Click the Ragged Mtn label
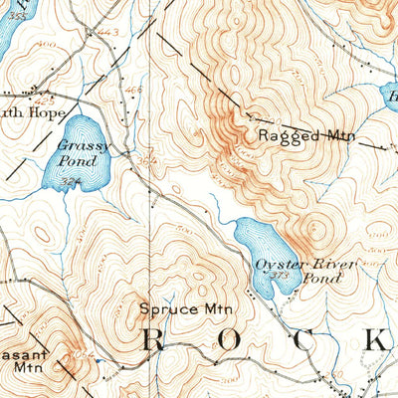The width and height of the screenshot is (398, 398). pos(299,135)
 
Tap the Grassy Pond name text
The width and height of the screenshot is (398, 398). pos(77,152)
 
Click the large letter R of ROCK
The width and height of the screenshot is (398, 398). pos(154,340)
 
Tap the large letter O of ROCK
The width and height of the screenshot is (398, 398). pos(229,340)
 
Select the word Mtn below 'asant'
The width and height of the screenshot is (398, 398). pos(27,365)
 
